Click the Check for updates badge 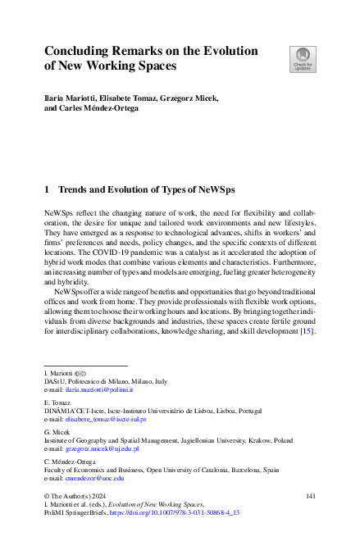click(x=301, y=59)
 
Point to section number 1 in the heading click(x=46, y=190)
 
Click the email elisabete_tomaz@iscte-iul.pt click(x=104, y=419)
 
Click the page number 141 click(x=310, y=496)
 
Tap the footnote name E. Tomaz click(x=56, y=402)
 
